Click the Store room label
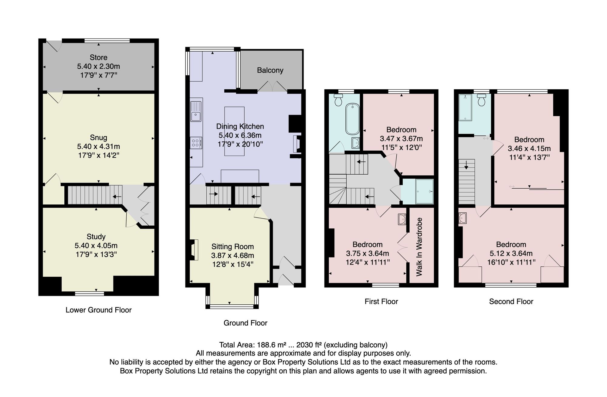99,57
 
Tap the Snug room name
99,138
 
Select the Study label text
96,237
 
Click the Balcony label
270,70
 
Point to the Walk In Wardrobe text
419,247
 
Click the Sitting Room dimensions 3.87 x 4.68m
233,255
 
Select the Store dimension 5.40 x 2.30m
99,66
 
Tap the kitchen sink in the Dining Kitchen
196,111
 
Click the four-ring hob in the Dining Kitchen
196,143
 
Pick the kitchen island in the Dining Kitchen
234,131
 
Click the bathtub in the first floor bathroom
352,119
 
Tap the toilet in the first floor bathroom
338,99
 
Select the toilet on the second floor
481,100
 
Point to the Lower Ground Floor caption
99,310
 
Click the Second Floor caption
511,302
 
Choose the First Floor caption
381,302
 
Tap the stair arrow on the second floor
466,165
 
